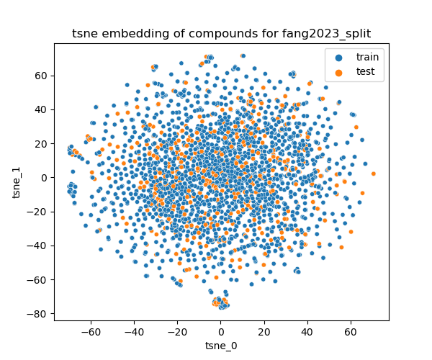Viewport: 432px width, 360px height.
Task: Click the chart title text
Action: tap(221, 33)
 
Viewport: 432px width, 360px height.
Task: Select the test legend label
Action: tap(366, 71)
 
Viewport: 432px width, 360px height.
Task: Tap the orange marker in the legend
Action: tap(339, 71)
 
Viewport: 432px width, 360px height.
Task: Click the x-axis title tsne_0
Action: tap(221, 346)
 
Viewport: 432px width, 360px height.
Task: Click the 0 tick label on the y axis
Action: tap(44, 178)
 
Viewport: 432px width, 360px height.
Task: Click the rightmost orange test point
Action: tap(373, 174)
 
